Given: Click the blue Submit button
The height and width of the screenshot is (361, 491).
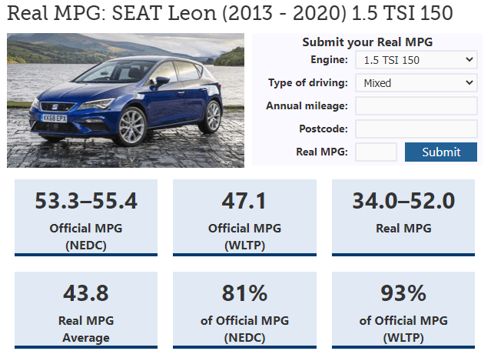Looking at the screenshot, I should (441, 152).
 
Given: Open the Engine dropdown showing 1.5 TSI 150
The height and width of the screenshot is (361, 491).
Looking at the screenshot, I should (416, 60).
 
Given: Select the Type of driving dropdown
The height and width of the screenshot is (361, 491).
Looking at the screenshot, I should (416, 83).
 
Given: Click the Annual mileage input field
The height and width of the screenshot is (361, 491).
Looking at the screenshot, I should (416, 106).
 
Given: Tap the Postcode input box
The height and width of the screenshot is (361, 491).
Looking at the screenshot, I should (416, 129).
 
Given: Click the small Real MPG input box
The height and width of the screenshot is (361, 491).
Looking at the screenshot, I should (376, 152).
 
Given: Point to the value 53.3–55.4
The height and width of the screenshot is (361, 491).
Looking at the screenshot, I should (86, 201).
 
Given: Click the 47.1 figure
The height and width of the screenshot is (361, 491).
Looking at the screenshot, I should (244, 201).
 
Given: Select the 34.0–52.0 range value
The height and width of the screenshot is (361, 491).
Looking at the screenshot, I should (403, 201).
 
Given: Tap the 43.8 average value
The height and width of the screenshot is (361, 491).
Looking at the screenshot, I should (86, 293).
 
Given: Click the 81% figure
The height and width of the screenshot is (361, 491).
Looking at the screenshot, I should (244, 293).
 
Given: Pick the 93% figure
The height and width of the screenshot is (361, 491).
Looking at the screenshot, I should (403, 293).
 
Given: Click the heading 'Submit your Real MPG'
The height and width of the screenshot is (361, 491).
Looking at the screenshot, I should (367, 42).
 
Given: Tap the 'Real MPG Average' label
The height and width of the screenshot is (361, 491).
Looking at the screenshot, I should (86, 329).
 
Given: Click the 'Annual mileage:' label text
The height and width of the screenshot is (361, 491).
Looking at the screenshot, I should (307, 106).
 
